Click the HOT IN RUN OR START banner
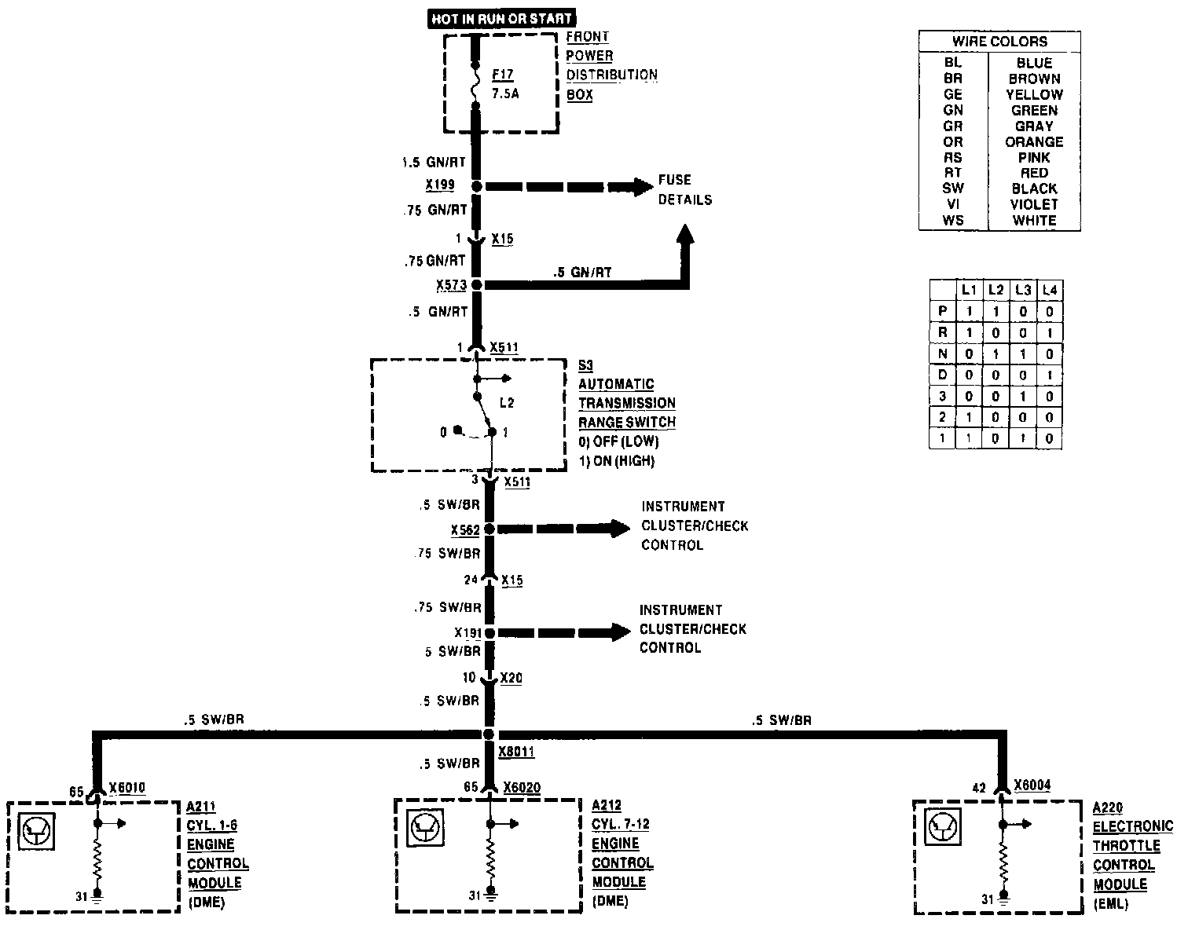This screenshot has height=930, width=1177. (501, 18)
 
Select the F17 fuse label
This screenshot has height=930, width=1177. (503, 75)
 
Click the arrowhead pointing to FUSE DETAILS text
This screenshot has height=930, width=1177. (643, 187)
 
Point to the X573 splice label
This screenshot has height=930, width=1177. (451, 285)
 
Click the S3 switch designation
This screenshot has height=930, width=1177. (586, 365)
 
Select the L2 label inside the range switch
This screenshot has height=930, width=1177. (507, 403)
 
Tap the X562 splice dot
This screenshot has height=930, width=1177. (489, 529)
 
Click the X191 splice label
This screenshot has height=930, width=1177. (467, 632)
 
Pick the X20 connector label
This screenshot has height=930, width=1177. (511, 678)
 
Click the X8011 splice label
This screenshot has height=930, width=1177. (516, 752)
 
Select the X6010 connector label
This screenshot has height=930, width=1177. (127, 789)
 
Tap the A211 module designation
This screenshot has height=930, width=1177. (201, 807)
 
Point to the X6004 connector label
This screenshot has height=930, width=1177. (1032, 785)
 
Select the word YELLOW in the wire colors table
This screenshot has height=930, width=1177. (1034, 94)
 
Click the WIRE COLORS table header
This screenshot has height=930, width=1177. (999, 42)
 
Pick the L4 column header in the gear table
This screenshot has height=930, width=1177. (1049, 290)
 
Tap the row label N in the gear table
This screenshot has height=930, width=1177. (942, 353)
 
